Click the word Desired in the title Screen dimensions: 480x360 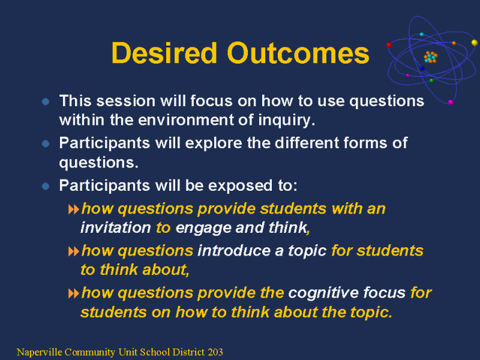(x=164, y=53)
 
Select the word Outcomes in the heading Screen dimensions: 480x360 (x=298, y=53)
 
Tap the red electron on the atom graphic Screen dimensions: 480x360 (x=389, y=45)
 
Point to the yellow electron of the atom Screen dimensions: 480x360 (x=475, y=43)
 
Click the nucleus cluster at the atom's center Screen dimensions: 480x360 (x=430, y=57)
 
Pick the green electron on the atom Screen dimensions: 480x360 (x=431, y=80)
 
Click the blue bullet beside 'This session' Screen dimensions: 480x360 (x=46, y=101)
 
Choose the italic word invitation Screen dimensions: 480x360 (x=116, y=227)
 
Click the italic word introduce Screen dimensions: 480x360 (x=234, y=251)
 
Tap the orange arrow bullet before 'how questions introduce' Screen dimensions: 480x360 (x=73, y=252)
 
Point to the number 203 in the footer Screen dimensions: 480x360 (x=215, y=352)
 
